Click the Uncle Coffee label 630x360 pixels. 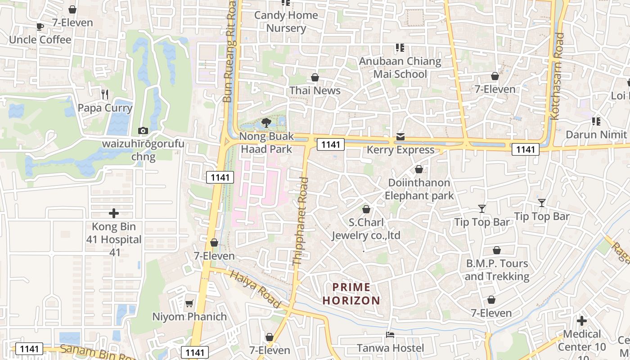tap(40, 40)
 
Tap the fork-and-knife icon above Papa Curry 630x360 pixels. tap(105, 94)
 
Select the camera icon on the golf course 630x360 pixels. tap(143, 130)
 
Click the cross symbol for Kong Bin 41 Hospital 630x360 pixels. tap(114, 213)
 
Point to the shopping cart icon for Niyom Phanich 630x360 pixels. tap(189, 303)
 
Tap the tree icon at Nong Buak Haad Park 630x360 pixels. tap(266, 122)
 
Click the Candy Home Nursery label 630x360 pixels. tap(286, 22)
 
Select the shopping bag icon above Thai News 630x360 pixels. tap(315, 77)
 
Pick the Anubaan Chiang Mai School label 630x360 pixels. tap(400, 67)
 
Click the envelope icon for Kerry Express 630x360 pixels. tap(400, 137)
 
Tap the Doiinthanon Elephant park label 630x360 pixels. tap(419, 189)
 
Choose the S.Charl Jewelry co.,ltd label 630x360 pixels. tap(366, 229)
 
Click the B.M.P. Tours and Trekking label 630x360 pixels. tap(497, 270)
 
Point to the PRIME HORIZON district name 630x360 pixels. tap(351, 293)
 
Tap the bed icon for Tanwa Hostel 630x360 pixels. tap(390, 335)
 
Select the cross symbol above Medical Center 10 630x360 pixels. tap(582, 321)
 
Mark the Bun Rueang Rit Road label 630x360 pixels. tap(230, 52)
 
